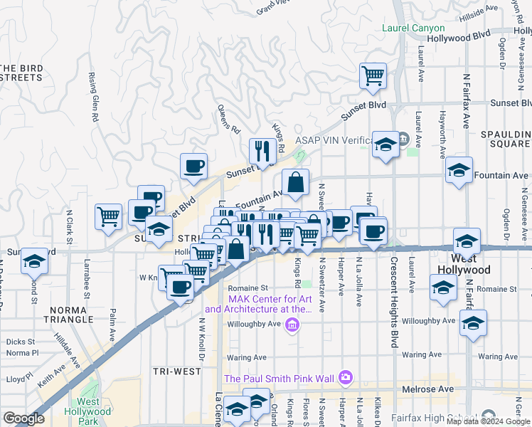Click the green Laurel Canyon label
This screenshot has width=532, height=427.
413,28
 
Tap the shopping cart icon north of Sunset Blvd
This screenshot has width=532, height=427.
373,75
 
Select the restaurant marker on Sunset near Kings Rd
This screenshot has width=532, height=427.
262,151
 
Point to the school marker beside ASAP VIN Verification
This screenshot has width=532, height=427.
385,145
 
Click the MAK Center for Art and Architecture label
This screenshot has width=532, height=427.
258,304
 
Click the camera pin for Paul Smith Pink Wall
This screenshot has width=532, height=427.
346,376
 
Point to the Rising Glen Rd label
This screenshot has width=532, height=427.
93,97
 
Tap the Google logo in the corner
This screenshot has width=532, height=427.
23,418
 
